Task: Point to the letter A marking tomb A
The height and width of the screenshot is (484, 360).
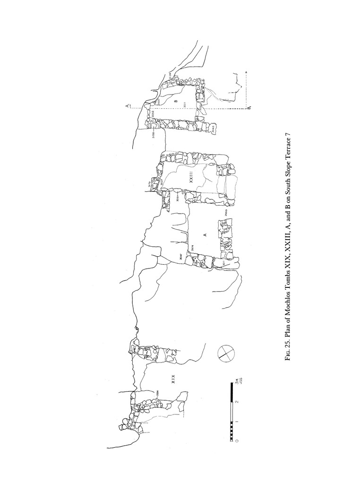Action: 205,235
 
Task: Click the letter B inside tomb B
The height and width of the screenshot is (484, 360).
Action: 175,101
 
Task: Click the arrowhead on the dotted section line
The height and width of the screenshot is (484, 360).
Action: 247,73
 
